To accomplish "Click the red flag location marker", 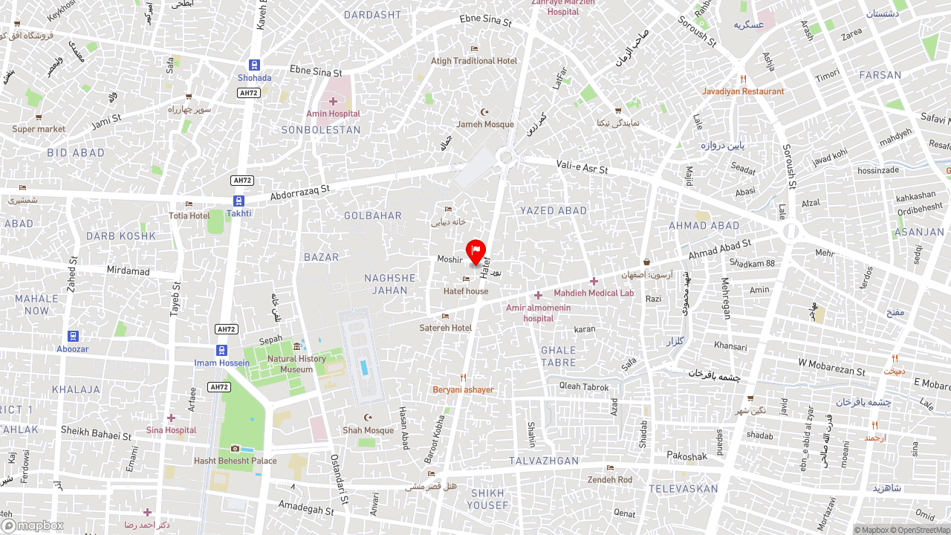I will coord(475,252).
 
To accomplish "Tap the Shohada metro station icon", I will coord(254,65).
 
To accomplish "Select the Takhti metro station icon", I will coord(238,201).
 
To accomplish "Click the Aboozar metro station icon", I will coord(73,337).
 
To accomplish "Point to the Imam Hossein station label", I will coord(221,363).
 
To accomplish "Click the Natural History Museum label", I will coord(296,364).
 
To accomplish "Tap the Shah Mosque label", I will coord(368,430).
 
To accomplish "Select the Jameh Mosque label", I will coord(484,124).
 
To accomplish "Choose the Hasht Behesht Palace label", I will coord(236,461).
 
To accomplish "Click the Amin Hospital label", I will coord(333,114).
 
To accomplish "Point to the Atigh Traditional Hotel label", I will coord(474,61).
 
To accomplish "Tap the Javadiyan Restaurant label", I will coord(743,91).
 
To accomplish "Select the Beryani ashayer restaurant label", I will coord(463,389).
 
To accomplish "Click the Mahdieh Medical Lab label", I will coord(594,293).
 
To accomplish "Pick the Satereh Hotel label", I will coord(446,328).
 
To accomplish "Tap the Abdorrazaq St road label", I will coord(299,193).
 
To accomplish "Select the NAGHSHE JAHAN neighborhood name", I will coord(390,284).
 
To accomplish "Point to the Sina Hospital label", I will coord(171,430).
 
